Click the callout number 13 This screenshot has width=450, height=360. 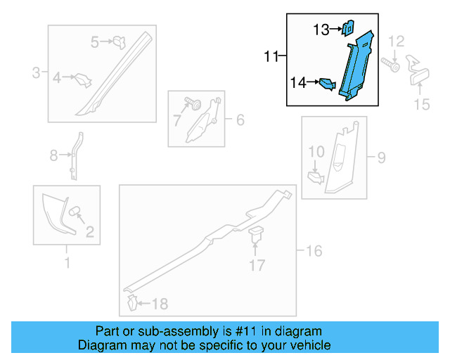tap(321, 30)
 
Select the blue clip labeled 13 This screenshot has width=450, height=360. tap(348, 28)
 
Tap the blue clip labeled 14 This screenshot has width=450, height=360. tap(328, 84)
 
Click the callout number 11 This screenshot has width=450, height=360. tap(271, 56)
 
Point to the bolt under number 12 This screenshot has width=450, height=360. tap(391, 65)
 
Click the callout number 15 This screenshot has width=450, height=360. tap(422, 104)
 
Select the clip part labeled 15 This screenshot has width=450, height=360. tap(418, 70)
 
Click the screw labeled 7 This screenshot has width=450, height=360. tap(193, 103)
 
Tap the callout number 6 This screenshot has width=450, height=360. tap(240, 120)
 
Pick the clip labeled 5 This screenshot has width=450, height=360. tap(120, 42)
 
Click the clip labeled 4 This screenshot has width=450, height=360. tap(83, 80)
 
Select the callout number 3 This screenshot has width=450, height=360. tap(36, 72)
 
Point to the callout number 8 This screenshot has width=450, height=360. tap(53, 156)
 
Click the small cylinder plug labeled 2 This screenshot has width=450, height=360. tap(74, 211)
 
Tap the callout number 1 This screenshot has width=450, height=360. tap(67, 263)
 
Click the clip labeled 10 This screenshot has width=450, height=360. tap(316, 177)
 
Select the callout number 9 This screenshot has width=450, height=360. tap(381, 157)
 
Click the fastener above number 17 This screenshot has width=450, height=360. tap(255, 234)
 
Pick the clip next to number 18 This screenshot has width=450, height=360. tap(132, 302)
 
